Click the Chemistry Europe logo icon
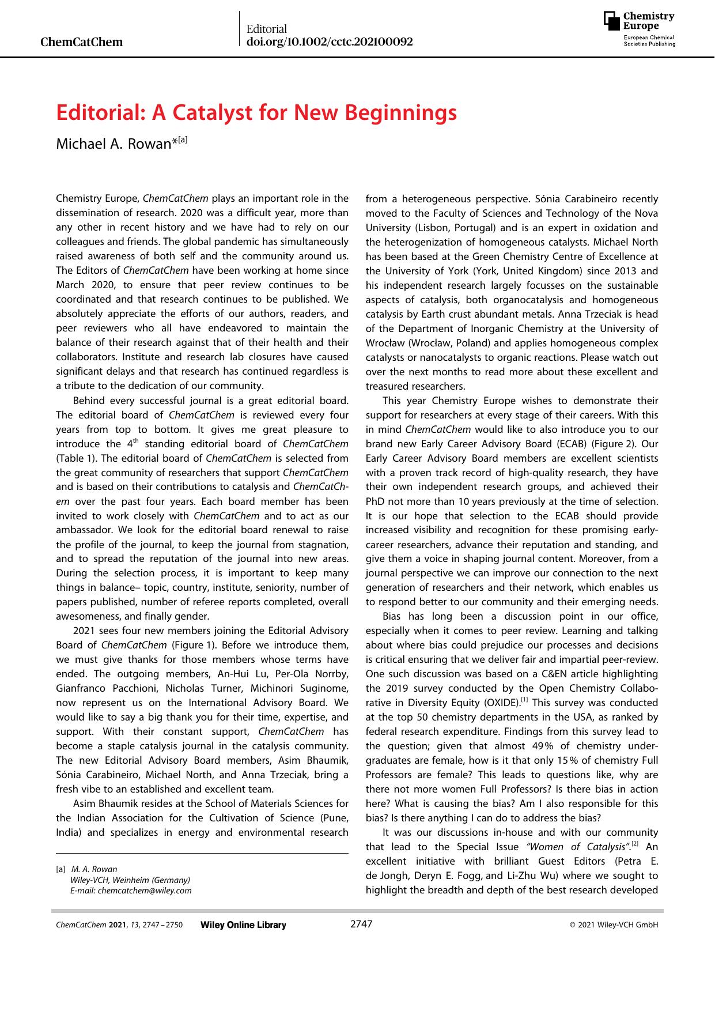pyautogui.click(x=612, y=21)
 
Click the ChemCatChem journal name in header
pyautogui.click(x=82, y=42)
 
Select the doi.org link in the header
pyautogui.click(x=329, y=42)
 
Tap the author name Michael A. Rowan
pyautogui.click(x=113, y=144)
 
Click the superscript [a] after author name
pyautogui.click(x=183, y=140)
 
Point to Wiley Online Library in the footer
pyautogui.click(x=243, y=925)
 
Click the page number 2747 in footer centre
pyautogui.click(x=361, y=924)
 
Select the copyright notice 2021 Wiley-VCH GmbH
pyautogui.click(x=614, y=925)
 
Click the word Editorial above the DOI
pyautogui.click(x=266, y=29)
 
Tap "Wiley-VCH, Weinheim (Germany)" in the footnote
pyautogui.click(x=130, y=880)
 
